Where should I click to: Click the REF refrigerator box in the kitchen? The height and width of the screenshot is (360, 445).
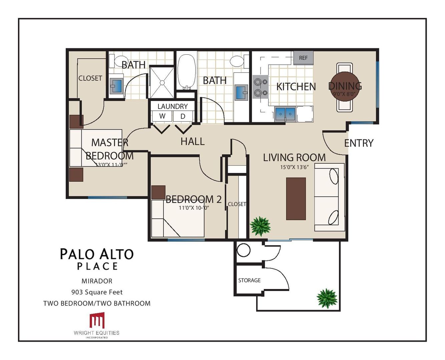click(x=303, y=58)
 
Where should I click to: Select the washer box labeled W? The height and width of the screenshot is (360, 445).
click(x=162, y=116)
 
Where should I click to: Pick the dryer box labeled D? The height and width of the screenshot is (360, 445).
click(x=183, y=116)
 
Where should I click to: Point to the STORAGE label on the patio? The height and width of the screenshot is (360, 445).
click(x=249, y=280)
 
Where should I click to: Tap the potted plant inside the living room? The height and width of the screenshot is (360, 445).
click(x=260, y=226)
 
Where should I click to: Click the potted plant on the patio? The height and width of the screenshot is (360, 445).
click(x=327, y=298)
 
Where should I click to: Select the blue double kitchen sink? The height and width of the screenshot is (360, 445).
click(x=286, y=114)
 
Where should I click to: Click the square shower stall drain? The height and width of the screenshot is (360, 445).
click(x=162, y=83)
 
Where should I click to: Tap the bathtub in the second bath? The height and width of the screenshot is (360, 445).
click(x=186, y=72)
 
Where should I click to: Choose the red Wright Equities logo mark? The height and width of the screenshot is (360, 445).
click(x=97, y=320)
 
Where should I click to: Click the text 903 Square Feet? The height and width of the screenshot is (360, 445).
click(x=97, y=292)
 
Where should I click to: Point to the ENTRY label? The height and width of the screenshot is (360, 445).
click(x=359, y=143)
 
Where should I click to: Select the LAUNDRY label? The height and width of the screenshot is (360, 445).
click(x=172, y=106)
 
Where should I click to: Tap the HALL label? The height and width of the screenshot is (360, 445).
click(x=192, y=141)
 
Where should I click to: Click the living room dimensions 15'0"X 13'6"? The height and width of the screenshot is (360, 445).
click(x=294, y=167)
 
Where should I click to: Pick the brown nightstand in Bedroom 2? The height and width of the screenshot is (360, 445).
click(x=158, y=192)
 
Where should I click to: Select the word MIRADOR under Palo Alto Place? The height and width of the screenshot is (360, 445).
click(x=97, y=281)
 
